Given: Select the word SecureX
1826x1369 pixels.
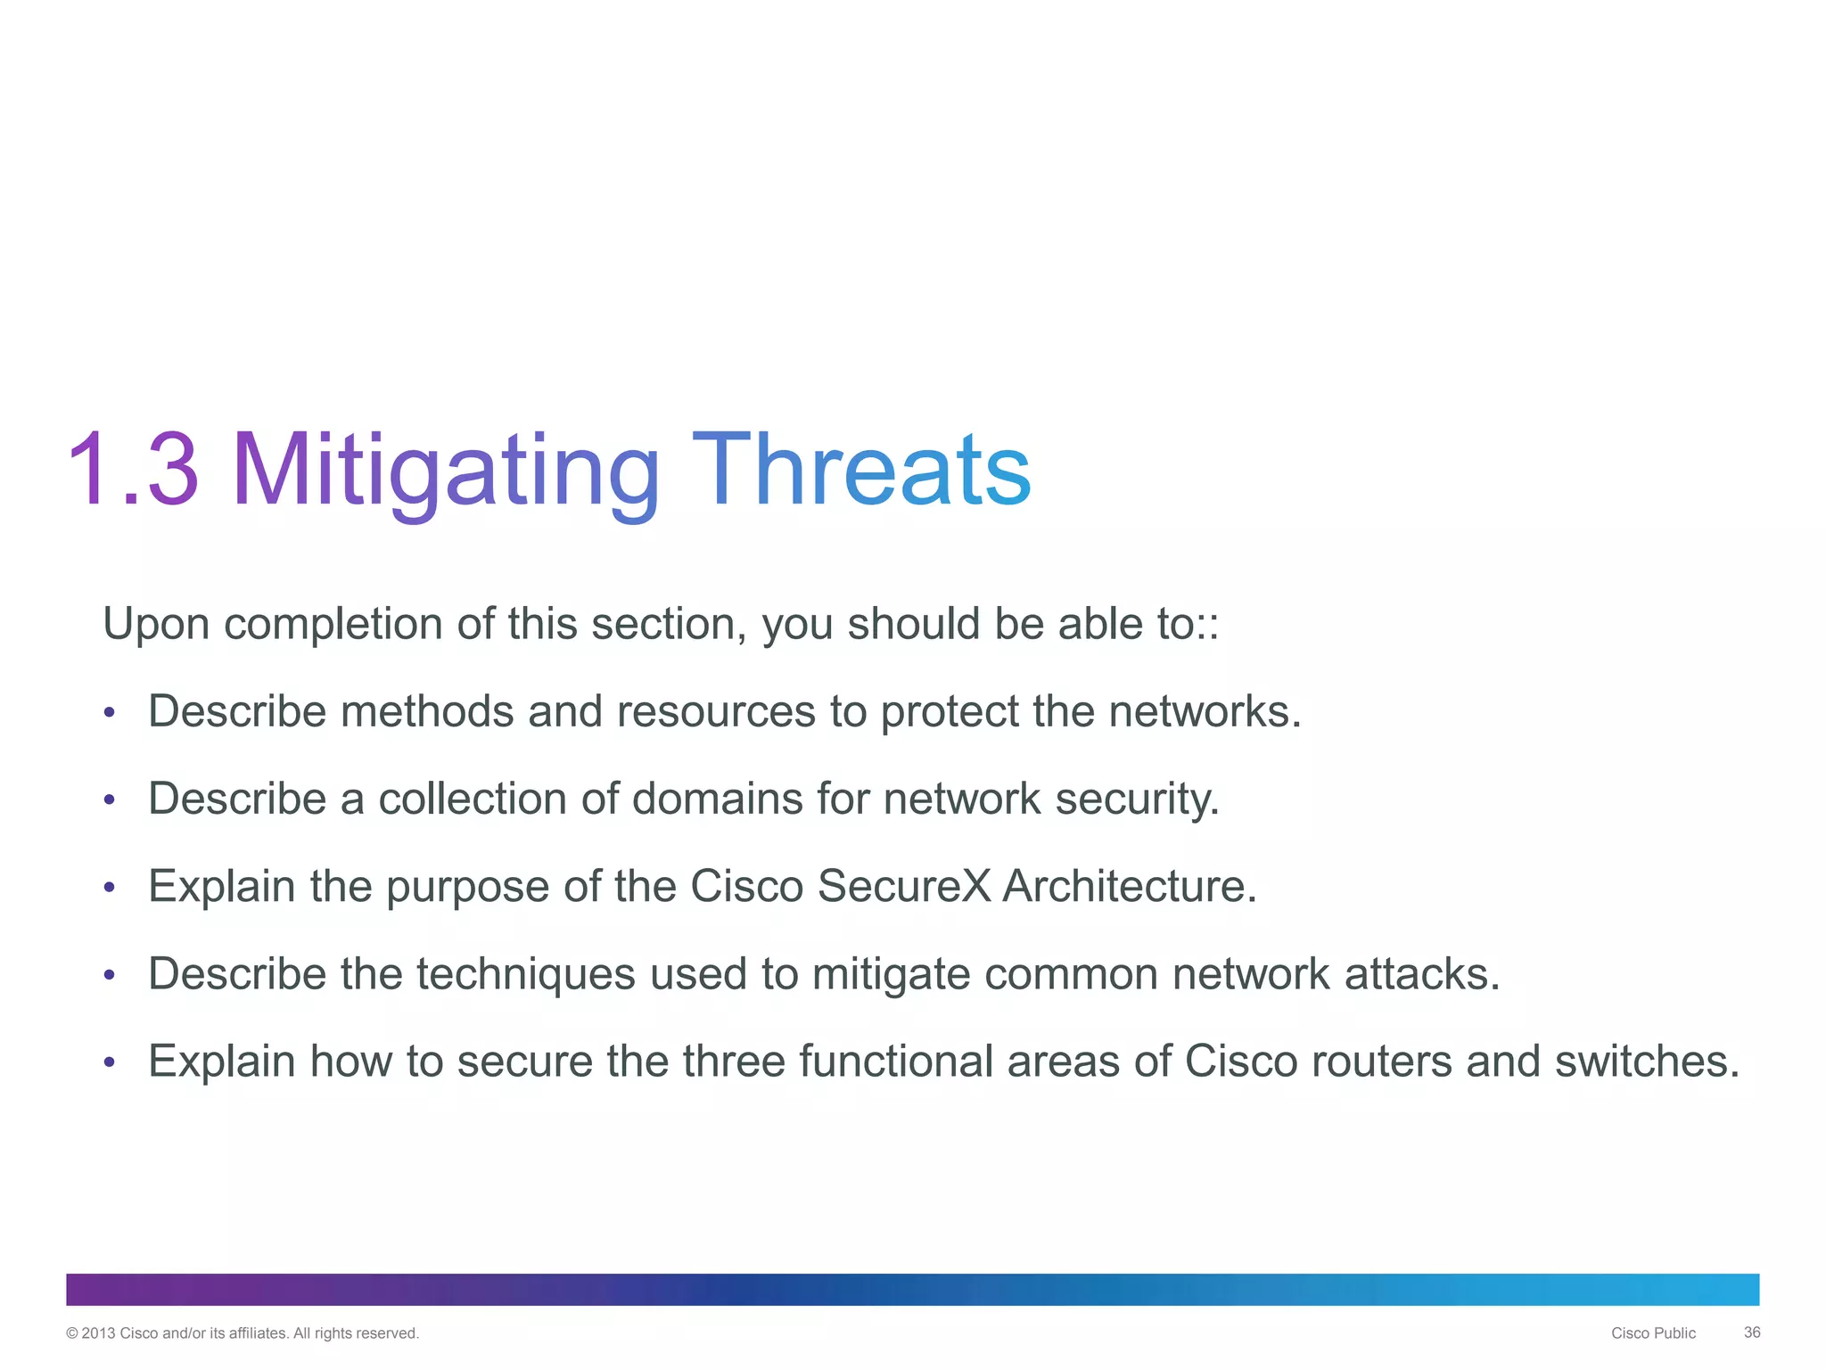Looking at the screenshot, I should pos(904,886).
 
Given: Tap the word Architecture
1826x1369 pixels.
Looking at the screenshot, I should pos(1129,886).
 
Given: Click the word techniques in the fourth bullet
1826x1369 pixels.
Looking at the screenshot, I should pos(525,973).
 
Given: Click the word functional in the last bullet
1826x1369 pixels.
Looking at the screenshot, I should pos(895,1061).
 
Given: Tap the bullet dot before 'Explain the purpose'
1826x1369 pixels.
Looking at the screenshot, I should pos(109,888).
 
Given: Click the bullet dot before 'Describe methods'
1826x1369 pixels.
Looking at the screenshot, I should pos(109,713).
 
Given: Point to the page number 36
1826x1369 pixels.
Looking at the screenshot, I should pos(1751,1332).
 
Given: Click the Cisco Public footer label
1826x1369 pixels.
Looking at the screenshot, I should pos(1653,1333).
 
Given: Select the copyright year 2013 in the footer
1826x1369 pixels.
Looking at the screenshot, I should pos(98,1333).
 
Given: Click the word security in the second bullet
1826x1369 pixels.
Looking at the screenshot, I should pos(1136,799).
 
